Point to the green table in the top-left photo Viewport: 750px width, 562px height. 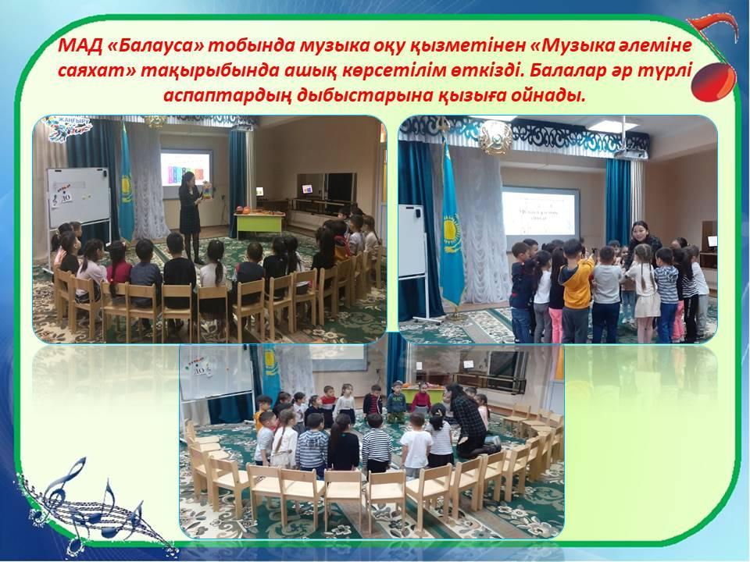tap(259, 223)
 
